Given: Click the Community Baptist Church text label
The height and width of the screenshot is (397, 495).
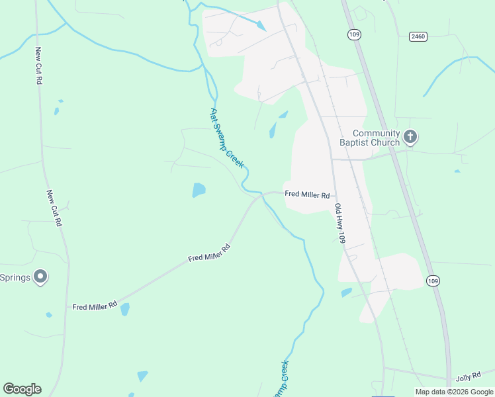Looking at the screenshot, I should pyautogui.click(x=376, y=138).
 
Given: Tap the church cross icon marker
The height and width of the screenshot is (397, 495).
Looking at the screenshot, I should pyautogui.click(x=410, y=138).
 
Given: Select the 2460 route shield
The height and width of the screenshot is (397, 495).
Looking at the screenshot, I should pyautogui.click(x=418, y=36).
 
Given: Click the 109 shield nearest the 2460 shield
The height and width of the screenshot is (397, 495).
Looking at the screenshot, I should pyautogui.click(x=354, y=34).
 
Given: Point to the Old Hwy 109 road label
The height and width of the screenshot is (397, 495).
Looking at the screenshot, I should pyautogui.click(x=339, y=224).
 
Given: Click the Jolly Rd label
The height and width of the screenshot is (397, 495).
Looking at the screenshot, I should pyautogui.click(x=468, y=378).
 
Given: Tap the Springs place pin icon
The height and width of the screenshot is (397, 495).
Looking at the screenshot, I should pyautogui.click(x=41, y=277).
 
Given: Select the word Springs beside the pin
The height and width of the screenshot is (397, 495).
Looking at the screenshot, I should pyautogui.click(x=15, y=277).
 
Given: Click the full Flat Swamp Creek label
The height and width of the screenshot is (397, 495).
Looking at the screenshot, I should pyautogui.click(x=227, y=138).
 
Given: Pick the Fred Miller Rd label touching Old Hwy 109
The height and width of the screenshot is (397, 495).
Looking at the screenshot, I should pyautogui.click(x=307, y=195).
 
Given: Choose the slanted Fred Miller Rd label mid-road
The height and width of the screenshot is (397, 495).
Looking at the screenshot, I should pyautogui.click(x=208, y=252).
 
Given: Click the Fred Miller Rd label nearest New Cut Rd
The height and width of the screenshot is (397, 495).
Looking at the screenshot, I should pyautogui.click(x=95, y=306).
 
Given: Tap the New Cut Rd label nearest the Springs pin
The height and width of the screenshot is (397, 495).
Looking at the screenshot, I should pyautogui.click(x=54, y=209).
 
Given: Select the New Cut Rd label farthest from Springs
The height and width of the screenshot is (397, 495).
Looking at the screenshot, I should pyautogui.click(x=39, y=66).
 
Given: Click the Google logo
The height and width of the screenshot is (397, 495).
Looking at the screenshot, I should pyautogui.click(x=22, y=389).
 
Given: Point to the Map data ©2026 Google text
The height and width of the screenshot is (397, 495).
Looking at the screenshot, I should pyautogui.click(x=454, y=392).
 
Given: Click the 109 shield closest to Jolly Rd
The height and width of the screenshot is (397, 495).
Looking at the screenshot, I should pyautogui.click(x=432, y=281).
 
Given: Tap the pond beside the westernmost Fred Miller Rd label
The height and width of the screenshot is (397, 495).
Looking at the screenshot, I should pyautogui.click(x=125, y=309).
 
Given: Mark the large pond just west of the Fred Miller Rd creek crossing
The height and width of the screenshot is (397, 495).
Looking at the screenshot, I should pyautogui.click(x=199, y=191).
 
